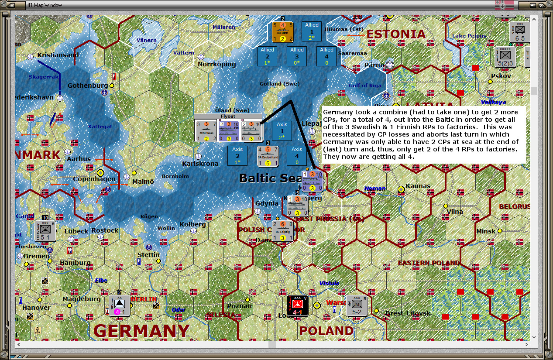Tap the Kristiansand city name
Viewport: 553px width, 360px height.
(x=58, y=55)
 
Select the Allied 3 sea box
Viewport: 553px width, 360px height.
(x=297, y=56)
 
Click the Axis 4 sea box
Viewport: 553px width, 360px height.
(x=297, y=156)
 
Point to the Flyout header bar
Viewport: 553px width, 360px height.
(x=228, y=117)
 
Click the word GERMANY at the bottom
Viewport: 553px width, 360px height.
(x=142, y=331)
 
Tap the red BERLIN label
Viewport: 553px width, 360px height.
(x=144, y=299)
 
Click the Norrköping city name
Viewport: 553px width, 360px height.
(x=217, y=64)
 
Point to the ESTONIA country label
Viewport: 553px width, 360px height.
(x=395, y=34)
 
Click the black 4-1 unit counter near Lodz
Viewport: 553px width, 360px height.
(x=298, y=305)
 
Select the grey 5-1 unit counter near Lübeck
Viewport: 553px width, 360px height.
(x=45, y=231)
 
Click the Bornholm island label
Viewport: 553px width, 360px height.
(x=175, y=176)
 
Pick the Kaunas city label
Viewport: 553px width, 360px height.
(x=418, y=186)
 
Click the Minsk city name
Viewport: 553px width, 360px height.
(x=486, y=231)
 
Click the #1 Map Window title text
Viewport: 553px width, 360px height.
(x=45, y=5)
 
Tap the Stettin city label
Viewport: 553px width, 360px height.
(x=148, y=255)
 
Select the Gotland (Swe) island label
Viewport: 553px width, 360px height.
(x=279, y=83)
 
